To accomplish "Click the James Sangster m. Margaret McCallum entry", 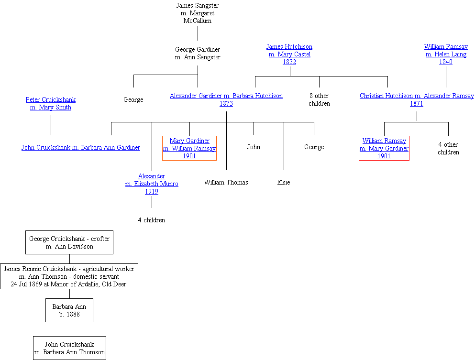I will tap(198, 13).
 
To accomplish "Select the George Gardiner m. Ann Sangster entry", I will tap(198, 53).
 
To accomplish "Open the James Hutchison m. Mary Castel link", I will tap(289, 54).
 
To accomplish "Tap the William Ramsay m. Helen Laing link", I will tap(446, 54).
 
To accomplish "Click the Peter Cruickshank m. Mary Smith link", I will tap(50, 103).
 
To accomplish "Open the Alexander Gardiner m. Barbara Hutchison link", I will tap(226, 99).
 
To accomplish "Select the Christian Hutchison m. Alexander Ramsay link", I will tap(417, 99).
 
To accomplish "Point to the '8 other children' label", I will tap(319, 99).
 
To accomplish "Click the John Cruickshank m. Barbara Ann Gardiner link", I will tap(81, 147).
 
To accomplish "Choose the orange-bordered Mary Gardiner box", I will tap(189, 148).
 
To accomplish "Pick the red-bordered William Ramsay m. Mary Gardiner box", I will tap(384, 148).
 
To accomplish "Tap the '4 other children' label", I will tap(448, 148).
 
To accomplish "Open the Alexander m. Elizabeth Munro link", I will tap(152, 184).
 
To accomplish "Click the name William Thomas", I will tap(226, 182).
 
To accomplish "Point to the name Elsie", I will tap(284, 182).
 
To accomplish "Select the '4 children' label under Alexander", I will tap(152, 220).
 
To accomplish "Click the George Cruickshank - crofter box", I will tap(69, 242).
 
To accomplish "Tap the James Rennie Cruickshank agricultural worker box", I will tap(69, 276).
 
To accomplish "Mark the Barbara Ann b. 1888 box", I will tap(69, 311).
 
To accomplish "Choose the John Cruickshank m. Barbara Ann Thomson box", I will tap(69, 348).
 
